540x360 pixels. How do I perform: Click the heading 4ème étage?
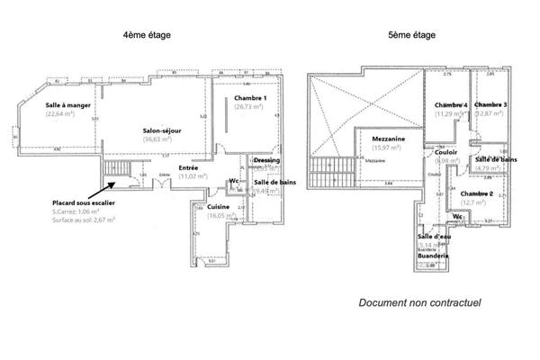(x=147, y=35)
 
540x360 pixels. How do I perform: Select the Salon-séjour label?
(x=162, y=130)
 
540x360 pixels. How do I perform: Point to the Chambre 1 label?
(x=249, y=97)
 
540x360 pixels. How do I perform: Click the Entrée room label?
(x=188, y=167)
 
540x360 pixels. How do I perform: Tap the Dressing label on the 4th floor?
(x=266, y=159)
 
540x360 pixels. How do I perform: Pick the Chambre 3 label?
(x=490, y=105)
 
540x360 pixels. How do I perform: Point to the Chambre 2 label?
(x=476, y=194)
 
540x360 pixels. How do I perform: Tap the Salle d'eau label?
(x=436, y=235)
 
